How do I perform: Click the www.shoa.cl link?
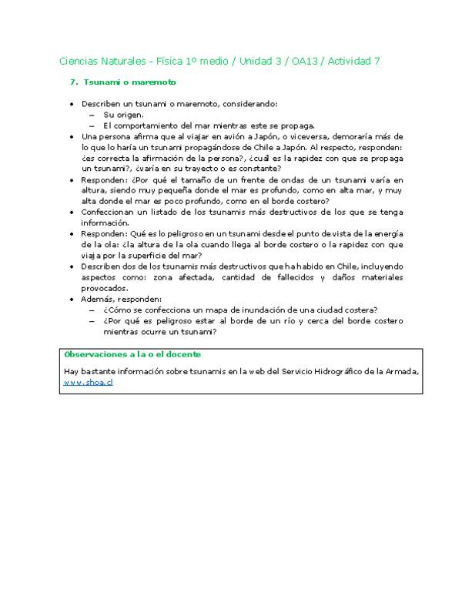[x=88, y=382]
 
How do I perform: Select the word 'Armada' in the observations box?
[x=401, y=372]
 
